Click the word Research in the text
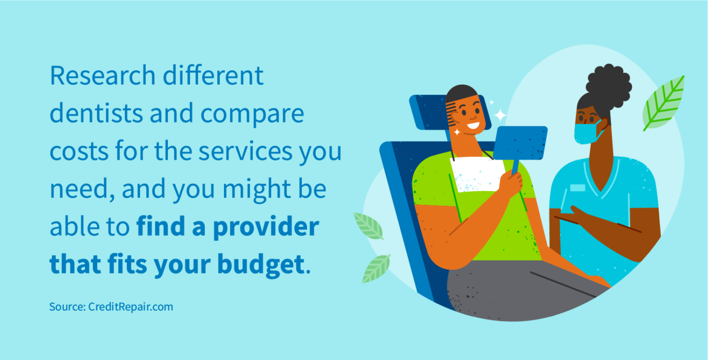pyautogui.click(x=102, y=76)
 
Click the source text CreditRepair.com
pyautogui.click(x=130, y=306)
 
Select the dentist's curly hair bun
pyautogui.click(x=609, y=86)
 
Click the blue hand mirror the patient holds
pyautogui.click(x=520, y=143)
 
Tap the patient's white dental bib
pyautogui.click(x=475, y=174)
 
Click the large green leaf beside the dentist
pyautogui.click(x=664, y=103)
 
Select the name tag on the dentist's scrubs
pyautogui.click(x=577, y=188)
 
